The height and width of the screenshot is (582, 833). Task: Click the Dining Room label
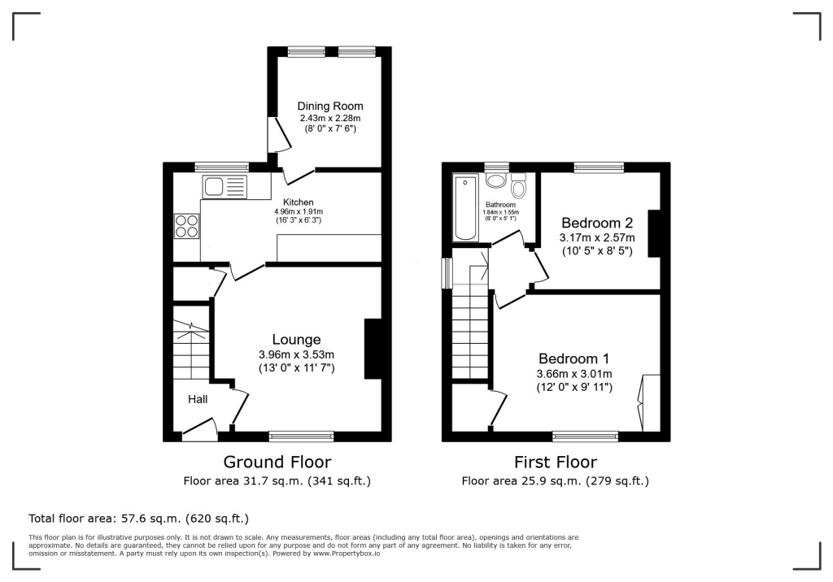coord(329,106)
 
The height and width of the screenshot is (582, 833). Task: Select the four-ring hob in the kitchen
coord(185,225)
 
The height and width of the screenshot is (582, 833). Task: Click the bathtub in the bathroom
coord(466,207)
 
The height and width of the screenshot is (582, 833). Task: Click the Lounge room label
coord(296,340)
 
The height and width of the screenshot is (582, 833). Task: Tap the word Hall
coord(198,399)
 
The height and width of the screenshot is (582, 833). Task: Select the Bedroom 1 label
coord(574,358)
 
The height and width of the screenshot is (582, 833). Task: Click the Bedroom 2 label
coord(596,222)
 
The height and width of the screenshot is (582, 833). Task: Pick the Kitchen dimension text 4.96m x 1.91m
coord(298,212)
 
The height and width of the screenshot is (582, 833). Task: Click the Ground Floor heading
coord(277,463)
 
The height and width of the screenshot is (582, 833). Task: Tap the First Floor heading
coord(556,463)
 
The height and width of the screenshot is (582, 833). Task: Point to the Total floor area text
coord(138,518)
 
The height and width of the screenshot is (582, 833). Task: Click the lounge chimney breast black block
coord(373,349)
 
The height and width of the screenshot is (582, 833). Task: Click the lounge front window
coord(301,436)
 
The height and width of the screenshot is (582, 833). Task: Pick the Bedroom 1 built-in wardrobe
coord(650,403)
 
